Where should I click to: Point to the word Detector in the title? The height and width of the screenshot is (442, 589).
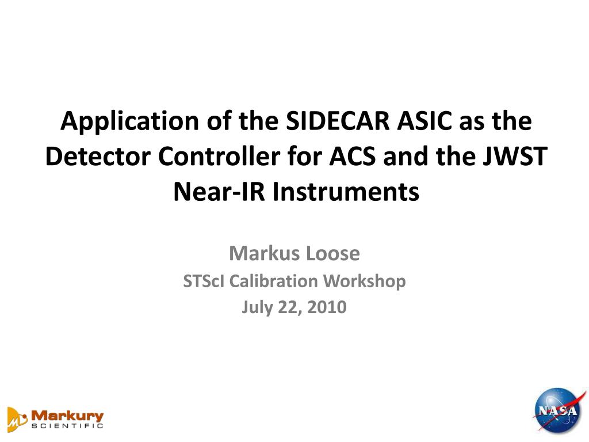90,157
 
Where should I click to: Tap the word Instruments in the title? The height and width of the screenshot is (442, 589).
346,192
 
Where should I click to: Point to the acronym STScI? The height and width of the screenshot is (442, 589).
202,281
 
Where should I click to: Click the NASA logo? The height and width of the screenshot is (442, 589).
556,410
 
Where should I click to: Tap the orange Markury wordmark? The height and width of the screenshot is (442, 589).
68,415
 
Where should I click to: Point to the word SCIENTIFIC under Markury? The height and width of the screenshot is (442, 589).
68,426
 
